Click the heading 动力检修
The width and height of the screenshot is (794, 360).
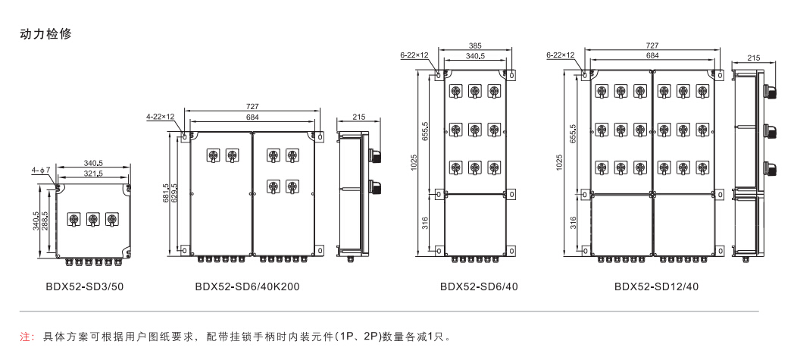pos(46,34)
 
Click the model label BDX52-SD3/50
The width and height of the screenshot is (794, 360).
pos(86,287)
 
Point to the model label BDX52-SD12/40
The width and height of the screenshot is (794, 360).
pos(656,287)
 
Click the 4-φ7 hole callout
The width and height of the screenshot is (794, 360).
pos(41,171)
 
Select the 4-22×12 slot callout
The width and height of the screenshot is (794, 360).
pos(160,117)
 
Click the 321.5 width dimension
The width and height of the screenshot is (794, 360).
pos(94,174)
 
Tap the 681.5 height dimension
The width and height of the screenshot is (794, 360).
pos(166,194)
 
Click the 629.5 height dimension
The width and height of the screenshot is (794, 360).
pos(176,194)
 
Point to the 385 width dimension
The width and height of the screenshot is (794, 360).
pos(474,45)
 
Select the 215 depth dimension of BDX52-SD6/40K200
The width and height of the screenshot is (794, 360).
pos(359,117)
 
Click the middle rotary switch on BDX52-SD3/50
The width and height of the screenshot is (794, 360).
pos(93,219)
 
